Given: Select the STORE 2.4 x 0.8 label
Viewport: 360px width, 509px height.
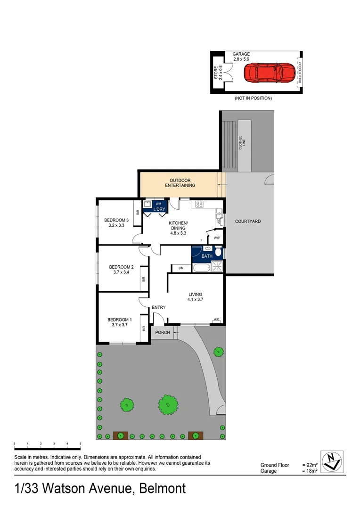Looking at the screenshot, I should pos(218,74).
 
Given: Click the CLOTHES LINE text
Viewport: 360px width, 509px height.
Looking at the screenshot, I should pos(242,142).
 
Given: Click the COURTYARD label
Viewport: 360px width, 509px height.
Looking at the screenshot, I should pos(248,221).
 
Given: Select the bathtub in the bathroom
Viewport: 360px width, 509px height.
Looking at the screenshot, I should pos(200,269).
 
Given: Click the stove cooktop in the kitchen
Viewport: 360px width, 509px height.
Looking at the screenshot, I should pos(199,204).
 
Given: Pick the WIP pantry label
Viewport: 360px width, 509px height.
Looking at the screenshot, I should pos(217,238).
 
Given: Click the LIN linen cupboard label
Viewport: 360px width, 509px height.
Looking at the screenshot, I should pos(181,269).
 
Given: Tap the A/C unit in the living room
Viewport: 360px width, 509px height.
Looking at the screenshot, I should pos(217,320).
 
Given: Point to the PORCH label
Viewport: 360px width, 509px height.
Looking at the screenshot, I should pos(163,333).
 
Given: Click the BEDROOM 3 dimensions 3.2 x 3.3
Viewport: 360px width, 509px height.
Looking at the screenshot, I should pos(116,226).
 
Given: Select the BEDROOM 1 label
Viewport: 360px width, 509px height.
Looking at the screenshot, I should pos(119,319).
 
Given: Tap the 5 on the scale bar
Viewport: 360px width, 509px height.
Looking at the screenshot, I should pos(81,444).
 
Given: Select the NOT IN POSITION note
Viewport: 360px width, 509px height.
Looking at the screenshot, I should pos(253,99).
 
